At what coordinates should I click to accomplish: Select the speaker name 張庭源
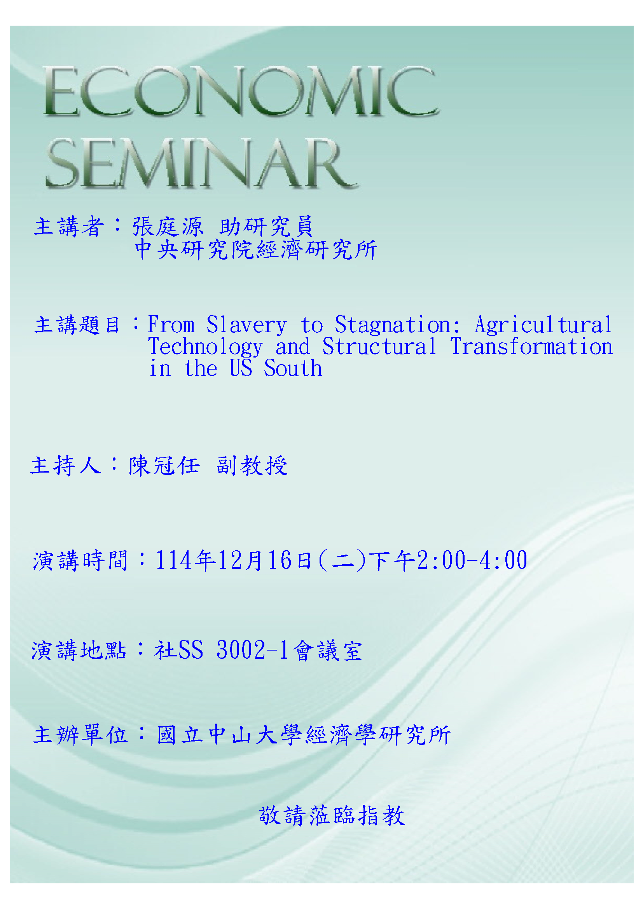(168, 227)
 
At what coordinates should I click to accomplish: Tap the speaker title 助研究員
(266, 227)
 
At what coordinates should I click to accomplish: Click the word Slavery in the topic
(246, 325)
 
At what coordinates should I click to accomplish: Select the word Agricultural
(543, 325)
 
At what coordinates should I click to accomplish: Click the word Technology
(205, 347)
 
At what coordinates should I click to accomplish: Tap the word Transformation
(531, 346)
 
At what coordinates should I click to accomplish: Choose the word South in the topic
(293, 368)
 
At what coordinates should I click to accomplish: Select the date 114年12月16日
(234, 560)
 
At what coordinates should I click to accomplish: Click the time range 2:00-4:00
(472, 560)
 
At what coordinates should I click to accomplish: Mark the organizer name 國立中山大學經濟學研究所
(304, 735)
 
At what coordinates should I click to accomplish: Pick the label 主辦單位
(80, 735)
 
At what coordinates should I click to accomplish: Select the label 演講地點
(79, 651)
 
